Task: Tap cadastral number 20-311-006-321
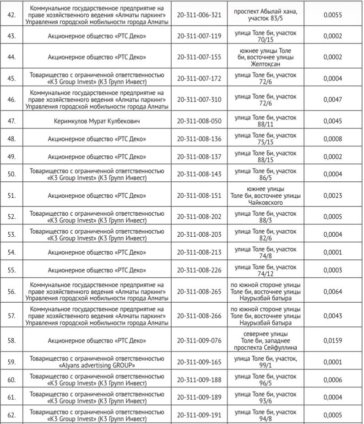tap(199, 15)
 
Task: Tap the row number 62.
tap(12, 415)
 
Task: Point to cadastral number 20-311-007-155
tap(199, 57)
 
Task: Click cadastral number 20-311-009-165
tap(199, 362)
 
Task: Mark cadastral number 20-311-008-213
tap(199, 252)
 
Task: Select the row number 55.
tap(12, 270)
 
